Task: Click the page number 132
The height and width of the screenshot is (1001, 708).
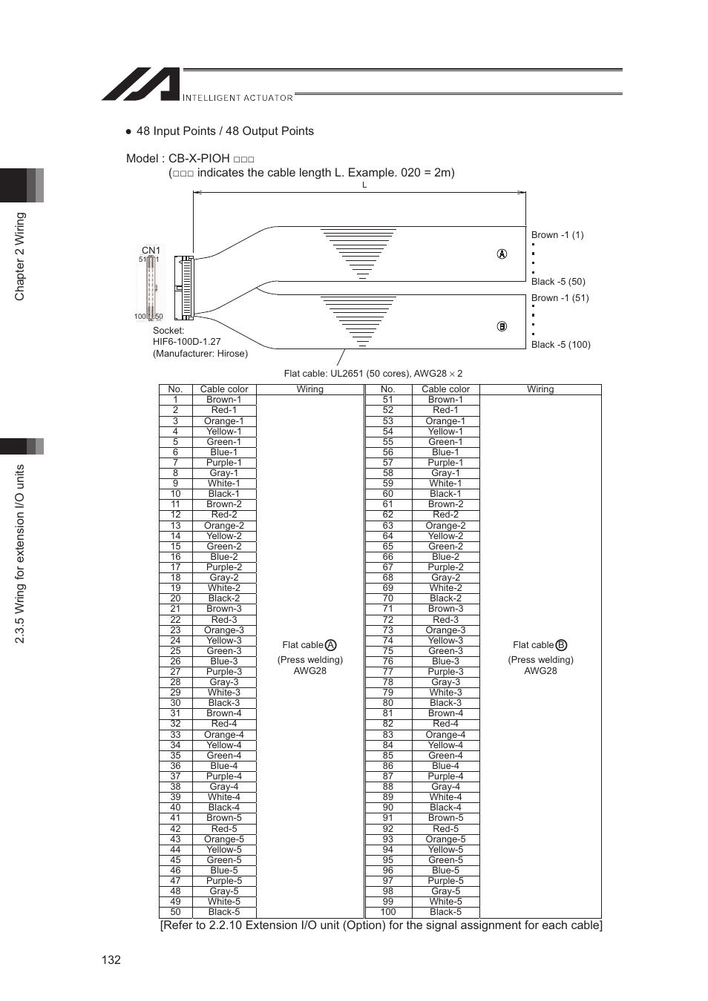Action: coord(111,959)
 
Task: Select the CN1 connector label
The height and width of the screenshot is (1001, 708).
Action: coord(151,251)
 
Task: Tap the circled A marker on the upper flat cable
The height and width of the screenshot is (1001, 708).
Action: coord(502,254)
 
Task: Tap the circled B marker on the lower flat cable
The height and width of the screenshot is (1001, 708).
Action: coord(502,326)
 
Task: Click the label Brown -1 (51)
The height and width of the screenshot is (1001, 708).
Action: coord(560,298)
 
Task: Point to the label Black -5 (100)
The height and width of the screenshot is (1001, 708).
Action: coord(560,345)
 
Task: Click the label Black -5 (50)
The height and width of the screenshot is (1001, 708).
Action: coord(558,282)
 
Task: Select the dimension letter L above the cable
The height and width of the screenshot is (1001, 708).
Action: coord(364,185)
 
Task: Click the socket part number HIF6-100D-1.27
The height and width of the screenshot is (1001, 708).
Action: coord(187,342)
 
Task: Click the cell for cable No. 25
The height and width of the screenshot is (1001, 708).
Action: coord(175,651)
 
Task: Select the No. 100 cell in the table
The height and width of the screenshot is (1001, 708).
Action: coord(387,912)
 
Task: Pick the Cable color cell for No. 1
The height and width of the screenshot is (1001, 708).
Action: coord(223,400)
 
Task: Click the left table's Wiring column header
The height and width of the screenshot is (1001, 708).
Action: coord(309,389)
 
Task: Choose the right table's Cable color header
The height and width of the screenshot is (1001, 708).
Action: coord(445,389)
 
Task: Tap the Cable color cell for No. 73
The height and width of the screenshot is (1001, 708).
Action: coord(445,630)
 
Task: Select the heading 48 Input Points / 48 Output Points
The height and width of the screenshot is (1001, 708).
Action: coord(225,131)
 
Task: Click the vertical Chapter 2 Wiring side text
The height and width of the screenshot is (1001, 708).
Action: coord(20,257)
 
